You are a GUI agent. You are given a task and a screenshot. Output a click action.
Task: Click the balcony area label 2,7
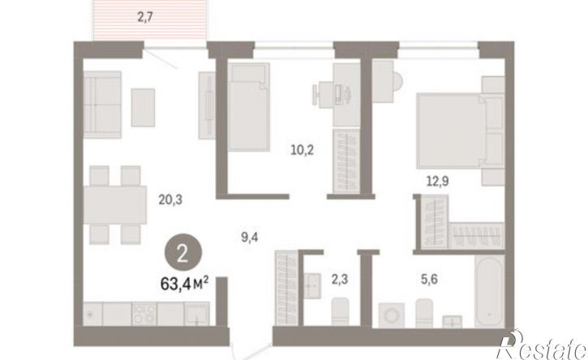[145, 17]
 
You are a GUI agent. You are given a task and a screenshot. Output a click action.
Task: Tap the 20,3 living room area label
[170, 200]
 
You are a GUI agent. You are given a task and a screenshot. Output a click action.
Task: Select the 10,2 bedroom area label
[302, 150]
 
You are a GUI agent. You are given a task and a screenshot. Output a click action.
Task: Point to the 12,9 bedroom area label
[438, 181]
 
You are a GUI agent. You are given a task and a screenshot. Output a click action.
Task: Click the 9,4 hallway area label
[249, 237]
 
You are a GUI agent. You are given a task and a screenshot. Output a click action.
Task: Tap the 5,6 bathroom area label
[429, 279]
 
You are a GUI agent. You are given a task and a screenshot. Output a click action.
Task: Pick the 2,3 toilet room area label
[339, 279]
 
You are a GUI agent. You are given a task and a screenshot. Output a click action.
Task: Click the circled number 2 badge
[183, 255]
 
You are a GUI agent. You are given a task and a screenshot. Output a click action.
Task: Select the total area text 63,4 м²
[184, 284]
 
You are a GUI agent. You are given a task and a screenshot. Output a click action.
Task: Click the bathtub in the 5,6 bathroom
[489, 291]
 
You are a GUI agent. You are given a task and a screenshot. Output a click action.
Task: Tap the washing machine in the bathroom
[392, 315]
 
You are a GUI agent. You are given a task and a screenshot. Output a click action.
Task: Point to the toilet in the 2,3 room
[340, 311]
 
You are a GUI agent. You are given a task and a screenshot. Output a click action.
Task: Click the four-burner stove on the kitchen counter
[144, 314]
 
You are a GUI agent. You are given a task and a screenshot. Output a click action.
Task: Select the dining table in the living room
[114, 205]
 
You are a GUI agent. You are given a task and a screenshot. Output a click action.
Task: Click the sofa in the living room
[102, 105]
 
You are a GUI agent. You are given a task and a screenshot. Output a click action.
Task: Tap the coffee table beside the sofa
[143, 107]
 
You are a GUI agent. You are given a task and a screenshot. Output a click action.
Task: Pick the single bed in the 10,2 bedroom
[249, 107]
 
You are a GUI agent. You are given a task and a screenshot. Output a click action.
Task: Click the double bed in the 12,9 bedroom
[460, 131]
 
